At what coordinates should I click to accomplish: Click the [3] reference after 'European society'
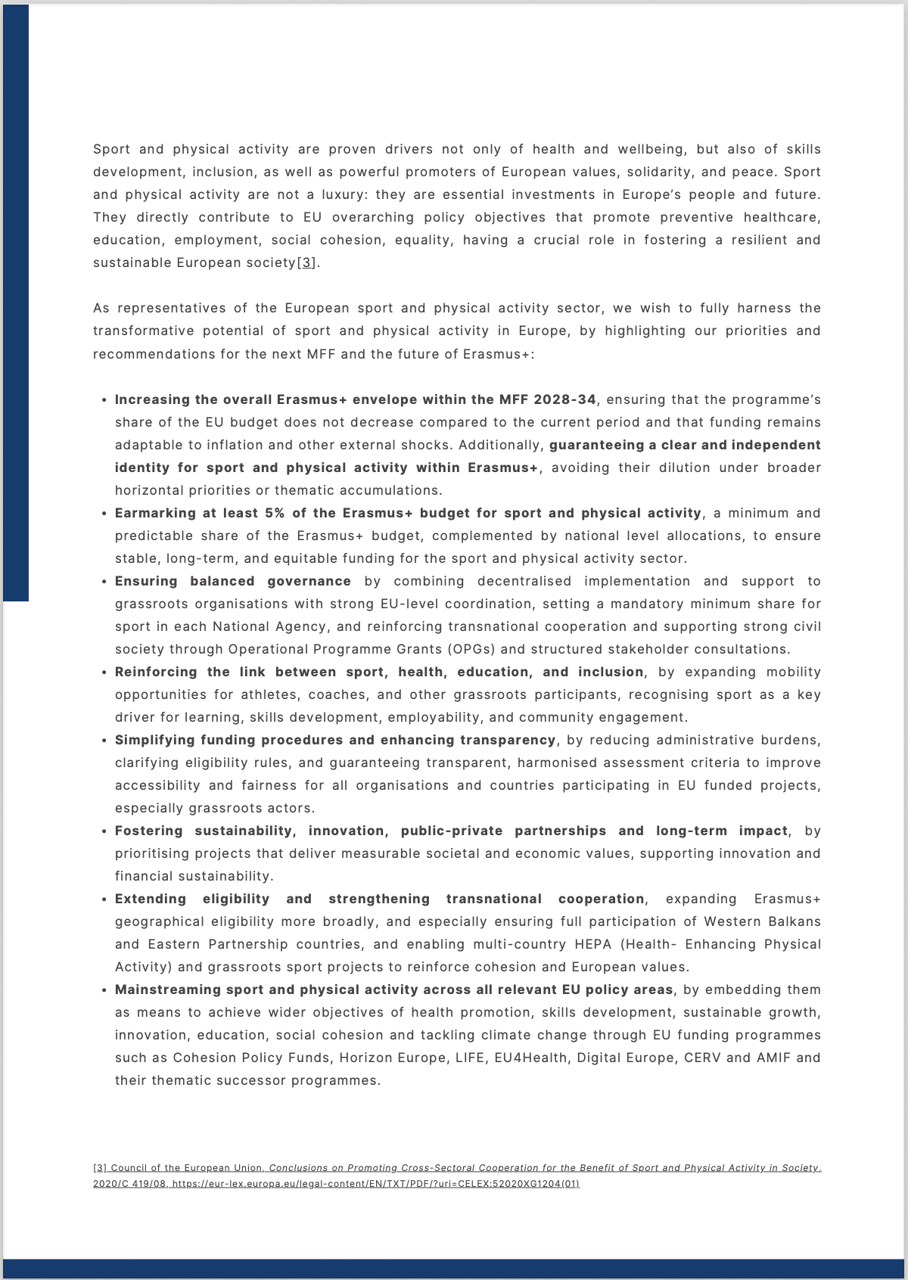coord(306,263)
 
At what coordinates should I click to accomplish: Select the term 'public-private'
coord(452,830)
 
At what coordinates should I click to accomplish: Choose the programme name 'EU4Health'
coord(530,1057)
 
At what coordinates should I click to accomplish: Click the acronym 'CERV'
coord(702,1057)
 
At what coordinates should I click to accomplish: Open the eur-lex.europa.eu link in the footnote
coord(375,1183)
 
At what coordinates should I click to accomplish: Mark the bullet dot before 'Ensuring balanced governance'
coord(104,581)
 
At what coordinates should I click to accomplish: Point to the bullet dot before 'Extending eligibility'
coord(104,899)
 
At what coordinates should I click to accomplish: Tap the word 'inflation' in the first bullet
coord(267,444)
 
